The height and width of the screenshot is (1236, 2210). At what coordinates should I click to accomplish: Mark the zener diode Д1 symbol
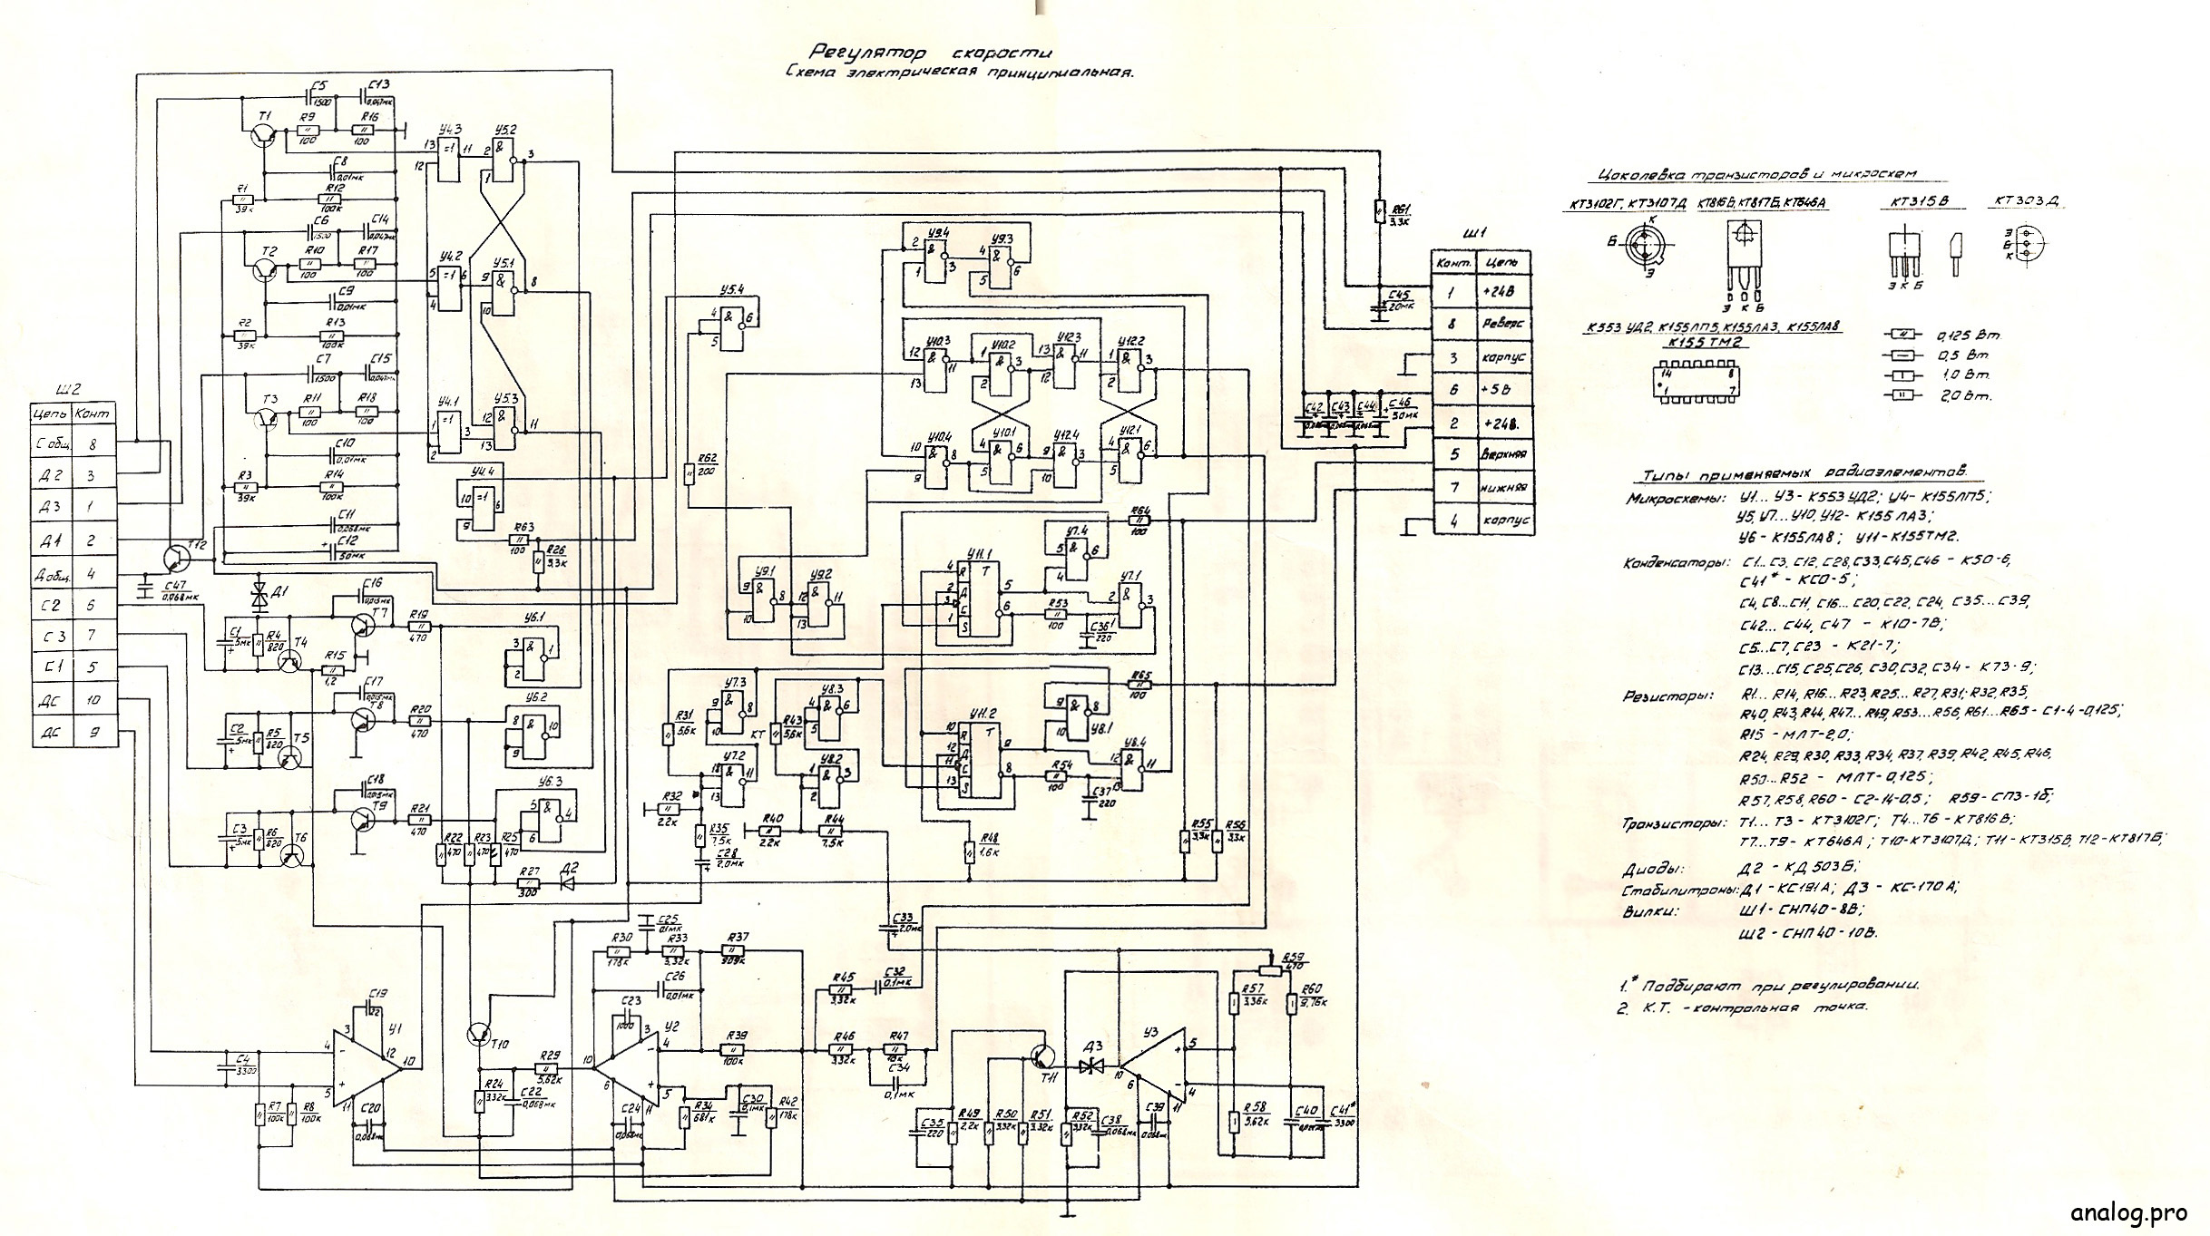pyautogui.click(x=259, y=595)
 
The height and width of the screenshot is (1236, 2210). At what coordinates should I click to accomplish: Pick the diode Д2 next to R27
pyautogui.click(x=568, y=882)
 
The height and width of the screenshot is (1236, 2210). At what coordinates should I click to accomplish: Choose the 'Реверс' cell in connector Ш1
pyautogui.click(x=1502, y=324)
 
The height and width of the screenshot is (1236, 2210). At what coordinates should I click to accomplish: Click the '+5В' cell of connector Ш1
pyautogui.click(x=1502, y=390)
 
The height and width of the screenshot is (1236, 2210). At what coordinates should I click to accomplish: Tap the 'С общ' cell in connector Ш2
pyautogui.click(x=49, y=445)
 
